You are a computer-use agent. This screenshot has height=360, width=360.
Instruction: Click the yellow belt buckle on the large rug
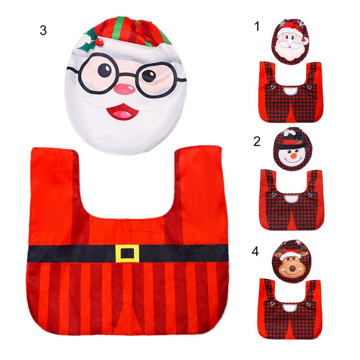click(127, 254)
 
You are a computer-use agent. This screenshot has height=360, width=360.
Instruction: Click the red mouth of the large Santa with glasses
click(123, 111)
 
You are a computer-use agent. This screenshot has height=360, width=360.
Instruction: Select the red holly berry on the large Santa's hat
click(99, 42)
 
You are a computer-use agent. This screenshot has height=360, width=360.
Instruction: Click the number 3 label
click(43, 30)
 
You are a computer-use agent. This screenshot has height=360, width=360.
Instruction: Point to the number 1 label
click(257, 26)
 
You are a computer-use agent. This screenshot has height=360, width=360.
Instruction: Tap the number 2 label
click(257, 141)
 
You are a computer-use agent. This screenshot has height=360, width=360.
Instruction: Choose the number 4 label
click(255, 251)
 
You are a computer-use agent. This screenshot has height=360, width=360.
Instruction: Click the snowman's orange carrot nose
click(293, 156)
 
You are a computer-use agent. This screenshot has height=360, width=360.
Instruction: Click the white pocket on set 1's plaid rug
click(291, 91)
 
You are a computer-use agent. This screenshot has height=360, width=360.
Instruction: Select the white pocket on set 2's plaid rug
click(291, 199)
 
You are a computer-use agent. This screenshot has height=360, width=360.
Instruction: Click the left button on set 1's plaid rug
click(272, 87)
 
